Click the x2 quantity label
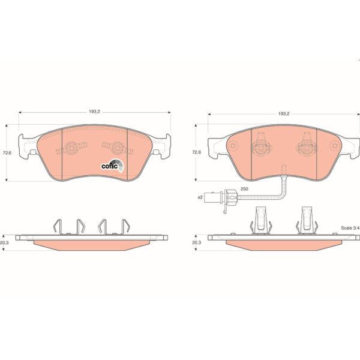201,197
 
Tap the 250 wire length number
244,189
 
